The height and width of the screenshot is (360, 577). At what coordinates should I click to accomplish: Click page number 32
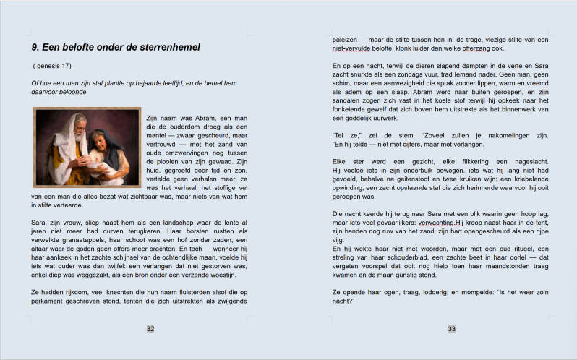[150, 329]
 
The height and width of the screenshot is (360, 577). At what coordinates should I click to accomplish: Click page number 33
[451, 329]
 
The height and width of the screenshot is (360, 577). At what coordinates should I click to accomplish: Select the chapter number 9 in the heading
[35, 48]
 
